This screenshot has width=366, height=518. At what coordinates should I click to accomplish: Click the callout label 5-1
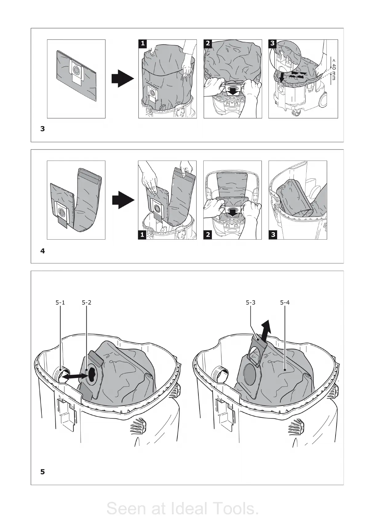tap(60, 302)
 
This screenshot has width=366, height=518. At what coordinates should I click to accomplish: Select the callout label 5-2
tap(87, 302)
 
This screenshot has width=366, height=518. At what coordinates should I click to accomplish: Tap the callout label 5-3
tap(251, 302)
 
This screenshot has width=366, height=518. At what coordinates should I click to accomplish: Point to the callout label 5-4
tap(285, 302)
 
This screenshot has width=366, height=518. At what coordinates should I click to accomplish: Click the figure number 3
tap(43, 129)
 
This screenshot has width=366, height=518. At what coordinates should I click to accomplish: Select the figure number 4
tap(43, 251)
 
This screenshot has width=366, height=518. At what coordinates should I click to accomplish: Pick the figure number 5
tap(43, 472)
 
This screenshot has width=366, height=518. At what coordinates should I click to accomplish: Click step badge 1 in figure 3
tap(142, 43)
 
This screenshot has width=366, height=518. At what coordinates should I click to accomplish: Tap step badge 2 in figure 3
tap(208, 43)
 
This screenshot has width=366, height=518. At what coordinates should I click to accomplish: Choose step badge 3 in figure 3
tap(273, 43)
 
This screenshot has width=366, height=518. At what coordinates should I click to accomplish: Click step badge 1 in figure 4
tap(142, 235)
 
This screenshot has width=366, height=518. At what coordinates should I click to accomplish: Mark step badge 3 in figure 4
tap(273, 235)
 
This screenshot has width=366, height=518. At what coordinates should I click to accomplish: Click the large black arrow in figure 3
tap(122, 79)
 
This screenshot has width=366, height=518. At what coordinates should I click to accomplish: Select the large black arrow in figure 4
tap(122, 200)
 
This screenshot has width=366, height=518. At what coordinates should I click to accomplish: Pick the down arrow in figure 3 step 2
tap(234, 91)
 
